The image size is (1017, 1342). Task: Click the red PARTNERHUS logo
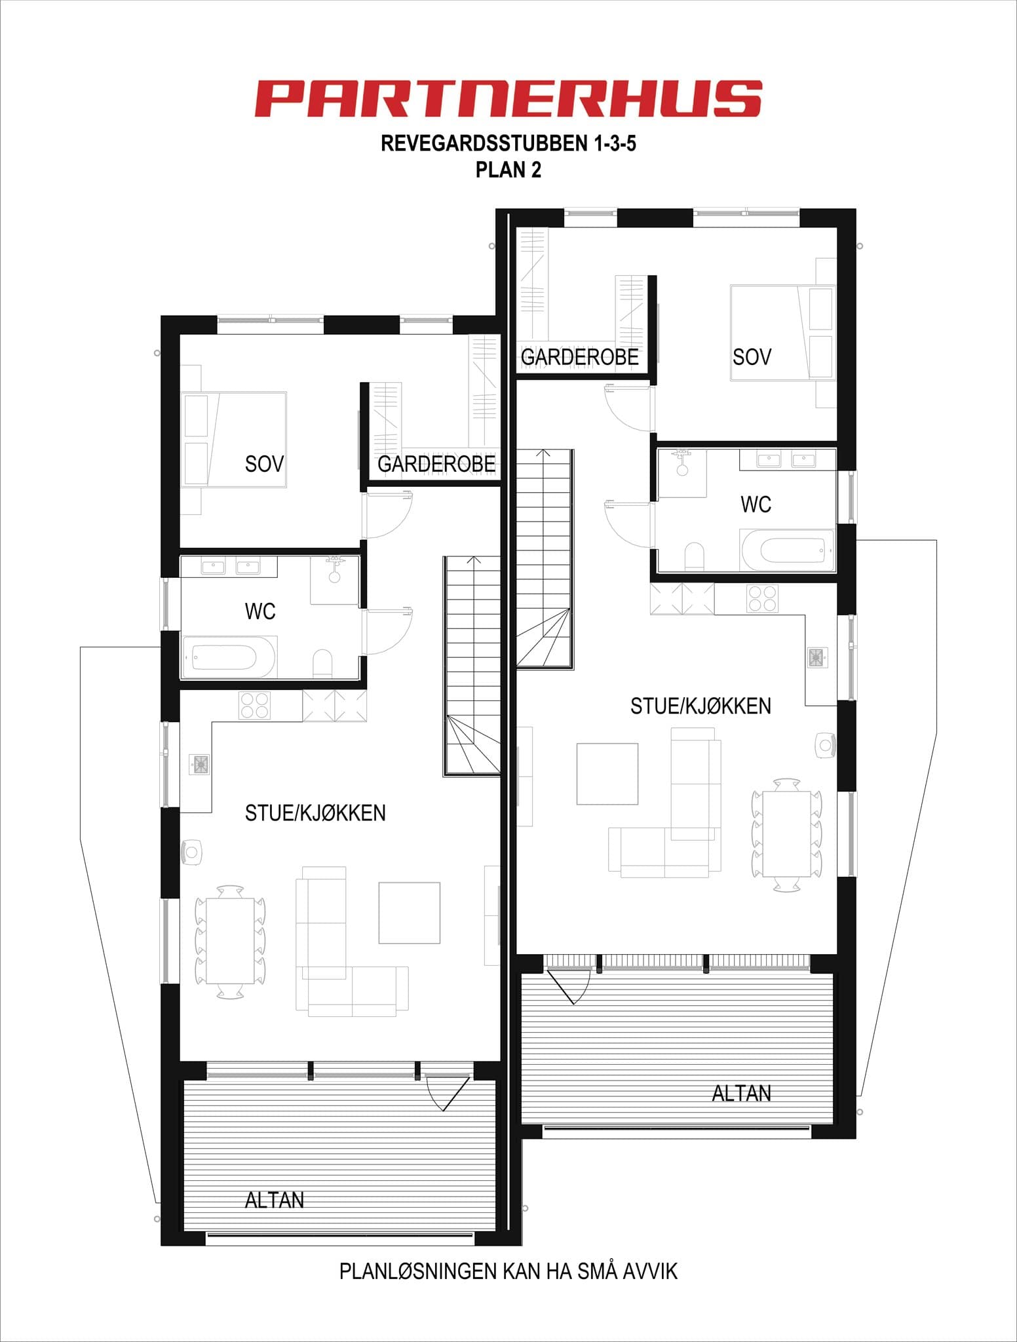click(508, 98)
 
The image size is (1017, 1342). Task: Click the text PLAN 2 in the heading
click(508, 170)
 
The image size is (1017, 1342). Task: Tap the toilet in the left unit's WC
click(322, 662)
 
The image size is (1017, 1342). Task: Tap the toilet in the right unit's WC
click(694, 556)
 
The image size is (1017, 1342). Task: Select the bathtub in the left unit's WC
click(224, 657)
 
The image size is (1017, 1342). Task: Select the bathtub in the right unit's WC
click(792, 550)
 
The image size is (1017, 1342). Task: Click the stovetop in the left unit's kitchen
click(254, 705)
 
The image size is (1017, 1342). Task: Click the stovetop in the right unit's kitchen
click(762, 598)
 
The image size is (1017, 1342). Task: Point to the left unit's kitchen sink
click(200, 764)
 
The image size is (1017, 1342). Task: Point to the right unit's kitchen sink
click(816, 657)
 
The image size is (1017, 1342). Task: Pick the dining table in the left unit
click(230, 941)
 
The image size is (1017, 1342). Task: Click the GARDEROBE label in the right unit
click(579, 357)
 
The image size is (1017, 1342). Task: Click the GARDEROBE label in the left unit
click(436, 464)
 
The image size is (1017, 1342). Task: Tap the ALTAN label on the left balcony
click(274, 1200)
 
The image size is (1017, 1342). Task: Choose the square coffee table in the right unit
click(607, 773)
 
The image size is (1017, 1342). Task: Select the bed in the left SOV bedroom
click(234, 439)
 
